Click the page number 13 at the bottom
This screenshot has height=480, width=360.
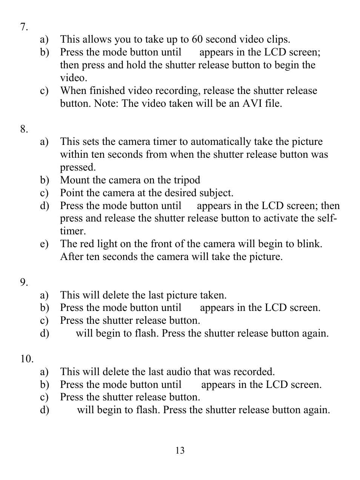coord(180,451)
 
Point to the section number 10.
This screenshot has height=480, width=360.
coord(27,359)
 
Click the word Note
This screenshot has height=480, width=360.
coord(105,103)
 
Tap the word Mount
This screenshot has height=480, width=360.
coord(75,180)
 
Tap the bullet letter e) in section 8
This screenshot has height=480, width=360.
coord(44,244)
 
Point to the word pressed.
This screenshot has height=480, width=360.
coord(78,168)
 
